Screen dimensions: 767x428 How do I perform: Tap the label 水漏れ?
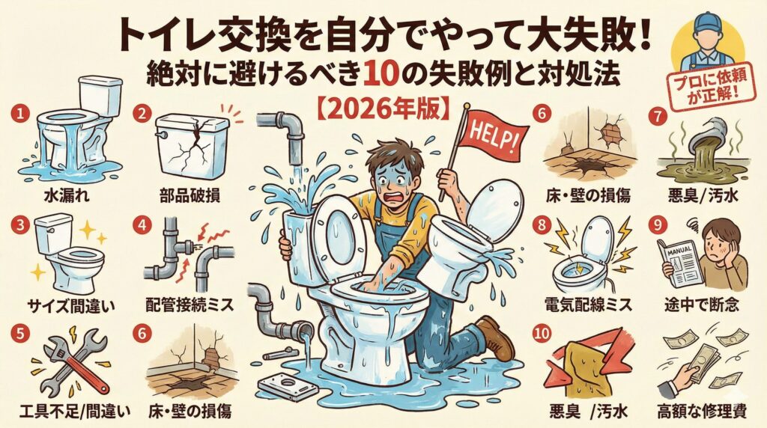pyautogui.click(x=67, y=196)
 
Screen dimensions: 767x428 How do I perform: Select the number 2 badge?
pyautogui.click(x=142, y=114)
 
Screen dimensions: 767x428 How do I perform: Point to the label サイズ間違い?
pyautogui.click(x=70, y=307)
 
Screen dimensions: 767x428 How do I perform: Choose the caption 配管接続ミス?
pyautogui.click(x=190, y=305)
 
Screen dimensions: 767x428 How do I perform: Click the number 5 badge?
pyautogui.click(x=20, y=334)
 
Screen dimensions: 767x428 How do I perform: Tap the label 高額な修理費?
pyautogui.click(x=702, y=412)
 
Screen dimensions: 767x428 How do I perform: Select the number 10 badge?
pyautogui.click(x=542, y=334)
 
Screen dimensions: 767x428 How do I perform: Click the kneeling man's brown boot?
pyautogui.click(x=496, y=337)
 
